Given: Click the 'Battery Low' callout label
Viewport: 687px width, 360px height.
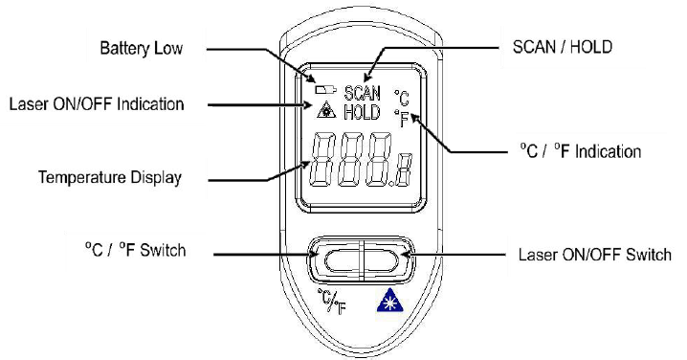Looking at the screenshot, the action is [141, 48].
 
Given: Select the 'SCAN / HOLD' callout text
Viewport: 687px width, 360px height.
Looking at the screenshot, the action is [562, 47].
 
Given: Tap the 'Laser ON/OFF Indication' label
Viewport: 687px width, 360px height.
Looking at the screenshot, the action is [97, 104].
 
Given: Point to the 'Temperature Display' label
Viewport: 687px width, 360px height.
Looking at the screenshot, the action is [109, 177].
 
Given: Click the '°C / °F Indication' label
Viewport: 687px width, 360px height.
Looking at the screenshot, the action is [581, 151].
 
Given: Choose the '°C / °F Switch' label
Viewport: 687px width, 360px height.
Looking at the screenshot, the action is [135, 250].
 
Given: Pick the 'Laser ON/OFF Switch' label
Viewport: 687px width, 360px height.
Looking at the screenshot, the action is [594, 255].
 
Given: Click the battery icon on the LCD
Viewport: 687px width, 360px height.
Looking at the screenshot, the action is [325, 90].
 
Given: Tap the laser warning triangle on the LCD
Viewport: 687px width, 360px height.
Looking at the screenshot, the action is [326, 109].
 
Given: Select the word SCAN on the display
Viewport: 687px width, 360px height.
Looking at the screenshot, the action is [362, 94].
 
